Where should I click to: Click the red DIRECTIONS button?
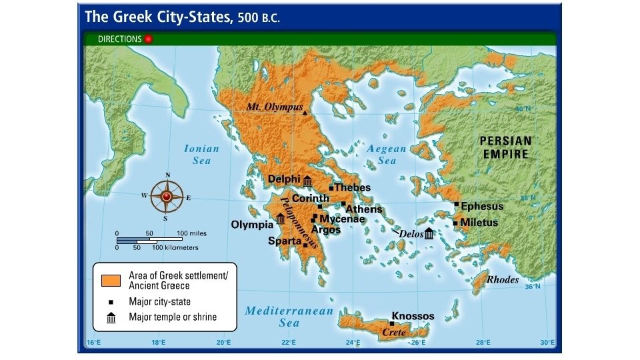(x=148, y=39)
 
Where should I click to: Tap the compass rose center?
(x=167, y=197)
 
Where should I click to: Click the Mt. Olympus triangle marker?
(x=305, y=113)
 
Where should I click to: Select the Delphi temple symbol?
(x=307, y=181)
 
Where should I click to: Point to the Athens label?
(x=363, y=209)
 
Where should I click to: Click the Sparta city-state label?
(x=285, y=241)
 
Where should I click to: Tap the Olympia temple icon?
(x=281, y=220)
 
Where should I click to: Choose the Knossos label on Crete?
(x=413, y=316)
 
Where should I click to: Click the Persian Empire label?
(x=506, y=147)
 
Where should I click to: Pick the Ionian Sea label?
(x=201, y=155)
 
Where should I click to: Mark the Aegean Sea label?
(x=386, y=155)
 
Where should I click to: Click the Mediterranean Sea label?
(x=289, y=317)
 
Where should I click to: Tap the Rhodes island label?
(x=502, y=279)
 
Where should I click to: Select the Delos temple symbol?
(x=429, y=234)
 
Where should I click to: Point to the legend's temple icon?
(x=111, y=317)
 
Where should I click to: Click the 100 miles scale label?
(x=190, y=233)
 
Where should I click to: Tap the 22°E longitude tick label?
(x=288, y=343)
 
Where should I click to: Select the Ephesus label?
(x=482, y=207)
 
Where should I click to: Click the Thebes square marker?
(x=331, y=189)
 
